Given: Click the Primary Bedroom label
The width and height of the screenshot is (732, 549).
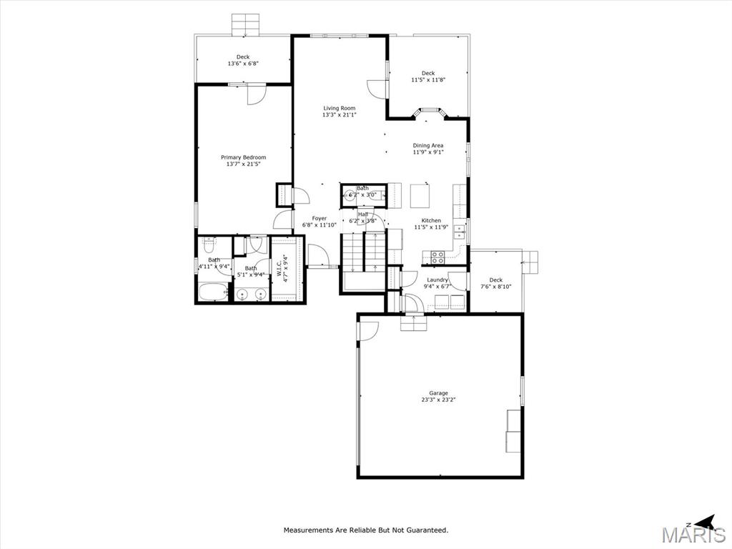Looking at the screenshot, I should (x=243, y=157).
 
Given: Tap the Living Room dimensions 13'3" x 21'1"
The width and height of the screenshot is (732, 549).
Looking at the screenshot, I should (x=339, y=115).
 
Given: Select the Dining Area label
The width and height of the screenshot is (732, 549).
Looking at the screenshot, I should (x=427, y=146).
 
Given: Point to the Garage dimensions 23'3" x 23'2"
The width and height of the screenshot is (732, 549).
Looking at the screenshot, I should (x=438, y=400).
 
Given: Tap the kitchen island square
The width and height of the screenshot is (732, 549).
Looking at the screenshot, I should (x=421, y=195).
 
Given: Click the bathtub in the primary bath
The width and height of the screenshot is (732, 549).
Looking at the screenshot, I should (x=213, y=292).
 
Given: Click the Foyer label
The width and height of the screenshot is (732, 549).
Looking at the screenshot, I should (x=319, y=219).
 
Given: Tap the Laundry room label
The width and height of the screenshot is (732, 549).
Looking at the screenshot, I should (x=437, y=280).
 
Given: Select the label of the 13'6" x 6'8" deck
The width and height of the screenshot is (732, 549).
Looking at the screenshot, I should (x=243, y=57).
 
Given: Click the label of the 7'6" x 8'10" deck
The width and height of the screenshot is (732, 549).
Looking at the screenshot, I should (x=495, y=280).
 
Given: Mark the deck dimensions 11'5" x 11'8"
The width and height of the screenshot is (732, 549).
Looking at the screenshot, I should (x=427, y=80).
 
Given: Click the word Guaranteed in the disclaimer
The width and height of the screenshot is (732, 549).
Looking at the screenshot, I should (x=426, y=530).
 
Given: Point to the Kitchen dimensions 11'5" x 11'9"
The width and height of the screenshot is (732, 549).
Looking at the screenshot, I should (x=431, y=227).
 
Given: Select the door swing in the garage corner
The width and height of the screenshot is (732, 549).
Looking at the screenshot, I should (x=367, y=330).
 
